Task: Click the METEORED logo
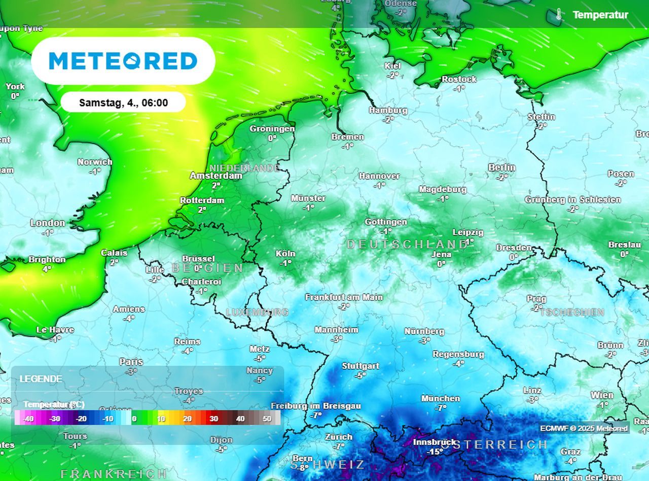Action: coord(123,61)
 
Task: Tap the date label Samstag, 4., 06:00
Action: coord(123,103)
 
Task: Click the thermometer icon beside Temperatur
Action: coord(559,15)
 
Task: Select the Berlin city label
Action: coord(501,167)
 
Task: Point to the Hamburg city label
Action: coord(388,111)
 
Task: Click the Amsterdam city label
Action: coord(216,176)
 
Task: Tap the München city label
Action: coord(440,399)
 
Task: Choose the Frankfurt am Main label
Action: coord(344,297)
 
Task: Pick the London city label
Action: coord(48,223)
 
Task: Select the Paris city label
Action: coord(131,362)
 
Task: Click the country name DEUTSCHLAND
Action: coord(407,245)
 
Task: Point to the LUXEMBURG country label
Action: coord(257,313)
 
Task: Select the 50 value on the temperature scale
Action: coord(267,419)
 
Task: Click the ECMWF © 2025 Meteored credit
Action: coord(584,428)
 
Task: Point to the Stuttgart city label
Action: coord(360,366)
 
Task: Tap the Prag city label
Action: coord(536,299)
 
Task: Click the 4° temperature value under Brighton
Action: coord(47,269)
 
